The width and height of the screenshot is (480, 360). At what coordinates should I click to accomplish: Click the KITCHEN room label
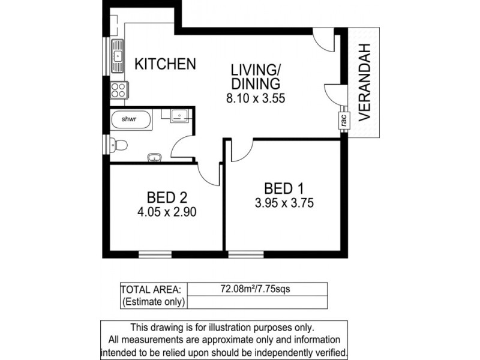[165, 64]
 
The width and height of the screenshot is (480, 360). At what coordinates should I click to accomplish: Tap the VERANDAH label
[364, 82]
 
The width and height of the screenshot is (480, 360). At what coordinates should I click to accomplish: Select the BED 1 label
[284, 188]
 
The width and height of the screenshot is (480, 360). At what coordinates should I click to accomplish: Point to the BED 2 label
[167, 197]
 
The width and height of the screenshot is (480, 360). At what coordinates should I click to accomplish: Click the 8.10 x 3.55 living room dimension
[256, 98]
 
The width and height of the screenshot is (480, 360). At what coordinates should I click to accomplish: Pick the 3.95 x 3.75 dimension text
[284, 203]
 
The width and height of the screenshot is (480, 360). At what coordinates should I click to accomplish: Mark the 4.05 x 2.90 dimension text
[167, 212]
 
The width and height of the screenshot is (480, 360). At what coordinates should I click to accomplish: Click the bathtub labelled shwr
[131, 119]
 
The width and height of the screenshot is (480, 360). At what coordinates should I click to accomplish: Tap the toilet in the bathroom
[118, 145]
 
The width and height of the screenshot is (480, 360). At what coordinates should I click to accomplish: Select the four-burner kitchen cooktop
[118, 90]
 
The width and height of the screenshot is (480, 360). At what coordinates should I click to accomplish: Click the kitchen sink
[117, 56]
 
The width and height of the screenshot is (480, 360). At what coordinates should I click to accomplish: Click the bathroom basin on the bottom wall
[155, 158]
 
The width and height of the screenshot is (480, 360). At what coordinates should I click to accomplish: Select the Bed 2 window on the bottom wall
[155, 254]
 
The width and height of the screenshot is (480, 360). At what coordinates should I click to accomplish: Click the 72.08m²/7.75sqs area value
[255, 289]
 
